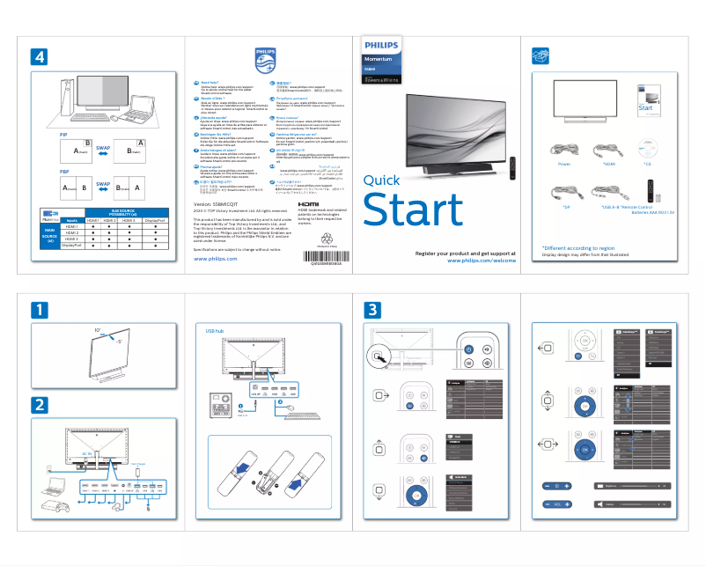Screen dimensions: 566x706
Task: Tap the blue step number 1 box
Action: pos(39,311)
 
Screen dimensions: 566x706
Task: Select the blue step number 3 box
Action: pos(374,311)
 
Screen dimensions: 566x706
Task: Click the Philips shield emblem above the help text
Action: pos(265,61)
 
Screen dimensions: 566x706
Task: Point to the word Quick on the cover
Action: pos(381,180)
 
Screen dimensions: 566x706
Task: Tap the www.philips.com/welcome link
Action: pos(481,261)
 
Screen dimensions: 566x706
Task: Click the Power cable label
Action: pos(564,165)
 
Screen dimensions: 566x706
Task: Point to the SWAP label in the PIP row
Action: pos(103,146)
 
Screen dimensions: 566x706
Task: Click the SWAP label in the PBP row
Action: pos(103,185)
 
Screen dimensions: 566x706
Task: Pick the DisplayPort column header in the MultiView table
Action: pos(155,220)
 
